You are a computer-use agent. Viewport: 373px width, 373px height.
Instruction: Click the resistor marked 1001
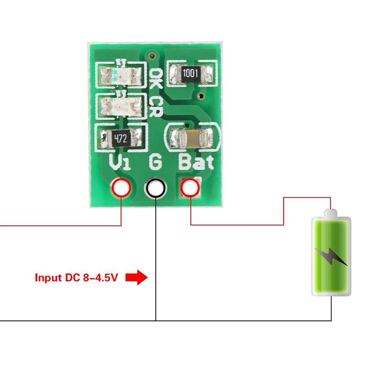coord(191,73)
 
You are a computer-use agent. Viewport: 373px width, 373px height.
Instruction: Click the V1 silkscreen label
coord(120,163)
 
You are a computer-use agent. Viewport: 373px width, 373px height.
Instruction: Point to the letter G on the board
coord(155,162)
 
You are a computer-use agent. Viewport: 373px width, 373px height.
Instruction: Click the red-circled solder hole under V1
coord(121,188)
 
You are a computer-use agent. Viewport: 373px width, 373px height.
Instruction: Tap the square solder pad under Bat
coord(191,188)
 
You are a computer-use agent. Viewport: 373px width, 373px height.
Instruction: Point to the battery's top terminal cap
coord(331,212)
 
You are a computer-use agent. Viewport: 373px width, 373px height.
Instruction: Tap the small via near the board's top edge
coord(151,56)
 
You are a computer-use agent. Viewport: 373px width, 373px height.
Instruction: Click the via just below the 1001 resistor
coord(201,95)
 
